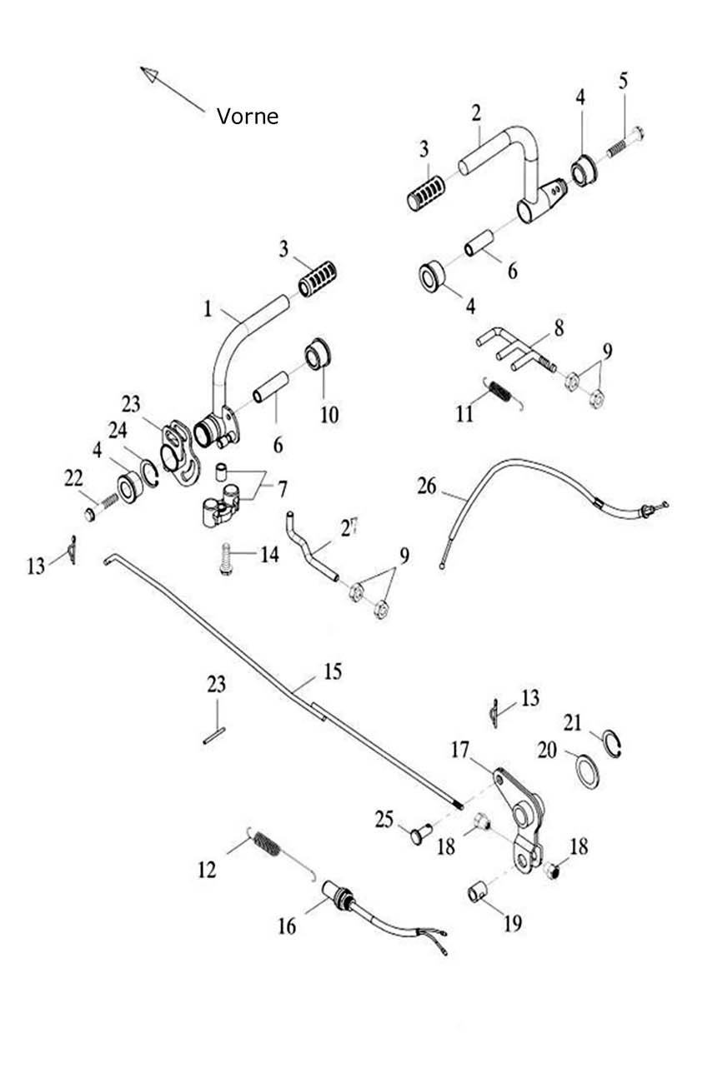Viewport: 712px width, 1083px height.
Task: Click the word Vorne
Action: [x=248, y=116]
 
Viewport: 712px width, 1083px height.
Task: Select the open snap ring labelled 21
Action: [x=614, y=743]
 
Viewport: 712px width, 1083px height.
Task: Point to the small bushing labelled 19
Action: [x=476, y=894]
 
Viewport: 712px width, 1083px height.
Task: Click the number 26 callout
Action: [x=427, y=486]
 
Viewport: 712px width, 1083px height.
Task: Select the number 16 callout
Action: [x=287, y=926]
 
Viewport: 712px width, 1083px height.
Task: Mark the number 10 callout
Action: [x=330, y=413]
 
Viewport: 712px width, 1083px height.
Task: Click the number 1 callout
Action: [x=207, y=309]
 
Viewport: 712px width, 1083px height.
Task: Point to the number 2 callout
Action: [x=476, y=112]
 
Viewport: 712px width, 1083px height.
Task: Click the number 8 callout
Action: [x=558, y=327]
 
